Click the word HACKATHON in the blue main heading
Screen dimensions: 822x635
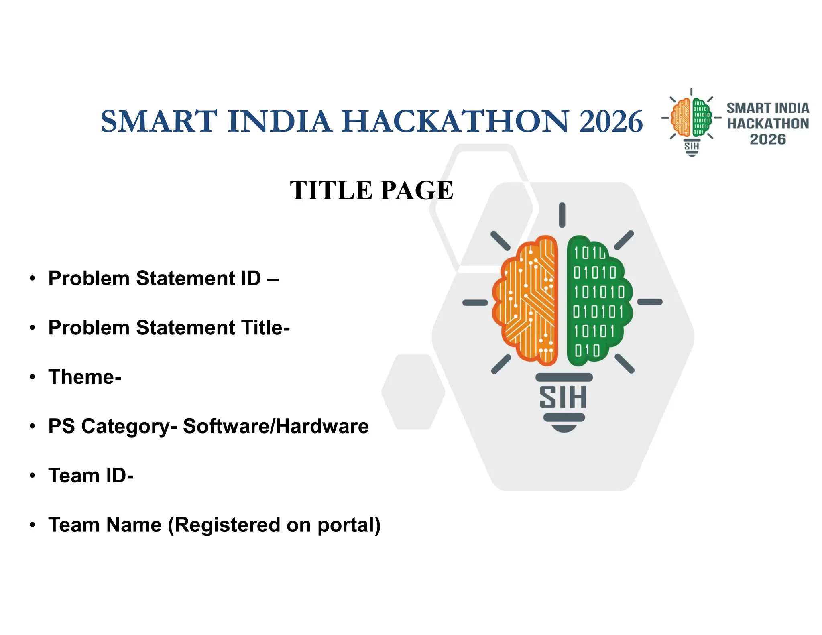point(456,121)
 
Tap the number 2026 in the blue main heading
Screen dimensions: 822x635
point(611,121)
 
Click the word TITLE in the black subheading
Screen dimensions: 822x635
point(332,190)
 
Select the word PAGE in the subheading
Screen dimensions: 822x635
point(417,190)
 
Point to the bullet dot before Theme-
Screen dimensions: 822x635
point(33,377)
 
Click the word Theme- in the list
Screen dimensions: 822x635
point(85,377)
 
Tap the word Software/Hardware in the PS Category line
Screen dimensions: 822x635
point(276,426)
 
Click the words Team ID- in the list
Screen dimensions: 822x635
point(91,476)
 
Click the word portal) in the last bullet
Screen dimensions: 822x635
point(349,525)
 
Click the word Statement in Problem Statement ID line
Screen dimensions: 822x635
point(186,278)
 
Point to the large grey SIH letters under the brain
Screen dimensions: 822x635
point(563,397)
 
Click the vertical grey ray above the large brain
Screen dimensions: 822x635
point(562,215)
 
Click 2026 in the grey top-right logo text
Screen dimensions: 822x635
point(768,140)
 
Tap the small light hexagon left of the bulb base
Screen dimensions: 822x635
point(413,392)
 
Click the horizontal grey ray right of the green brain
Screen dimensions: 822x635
point(650,302)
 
